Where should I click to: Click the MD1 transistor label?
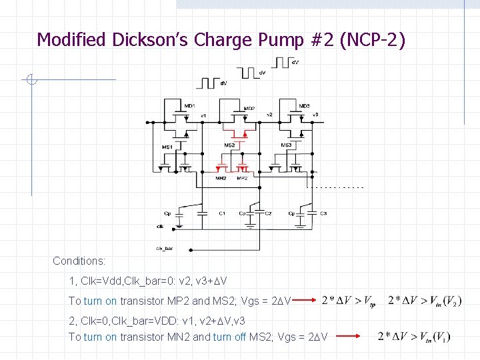point(189,106)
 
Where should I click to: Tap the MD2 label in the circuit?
point(249,108)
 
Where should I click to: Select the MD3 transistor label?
point(305,106)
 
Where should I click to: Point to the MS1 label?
point(167,147)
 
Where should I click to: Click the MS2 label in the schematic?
point(229,145)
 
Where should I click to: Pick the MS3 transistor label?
point(286,145)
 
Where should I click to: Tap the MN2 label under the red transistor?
point(221,178)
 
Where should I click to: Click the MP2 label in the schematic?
point(242,178)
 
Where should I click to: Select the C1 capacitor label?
point(222,213)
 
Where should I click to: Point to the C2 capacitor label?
point(268,213)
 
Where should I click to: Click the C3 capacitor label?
point(323,213)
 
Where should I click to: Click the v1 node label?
point(204,115)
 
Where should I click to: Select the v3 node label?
point(315,115)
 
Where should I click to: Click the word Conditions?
point(79,261)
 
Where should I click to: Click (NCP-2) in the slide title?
point(372,40)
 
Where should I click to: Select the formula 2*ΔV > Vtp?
point(348,301)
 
